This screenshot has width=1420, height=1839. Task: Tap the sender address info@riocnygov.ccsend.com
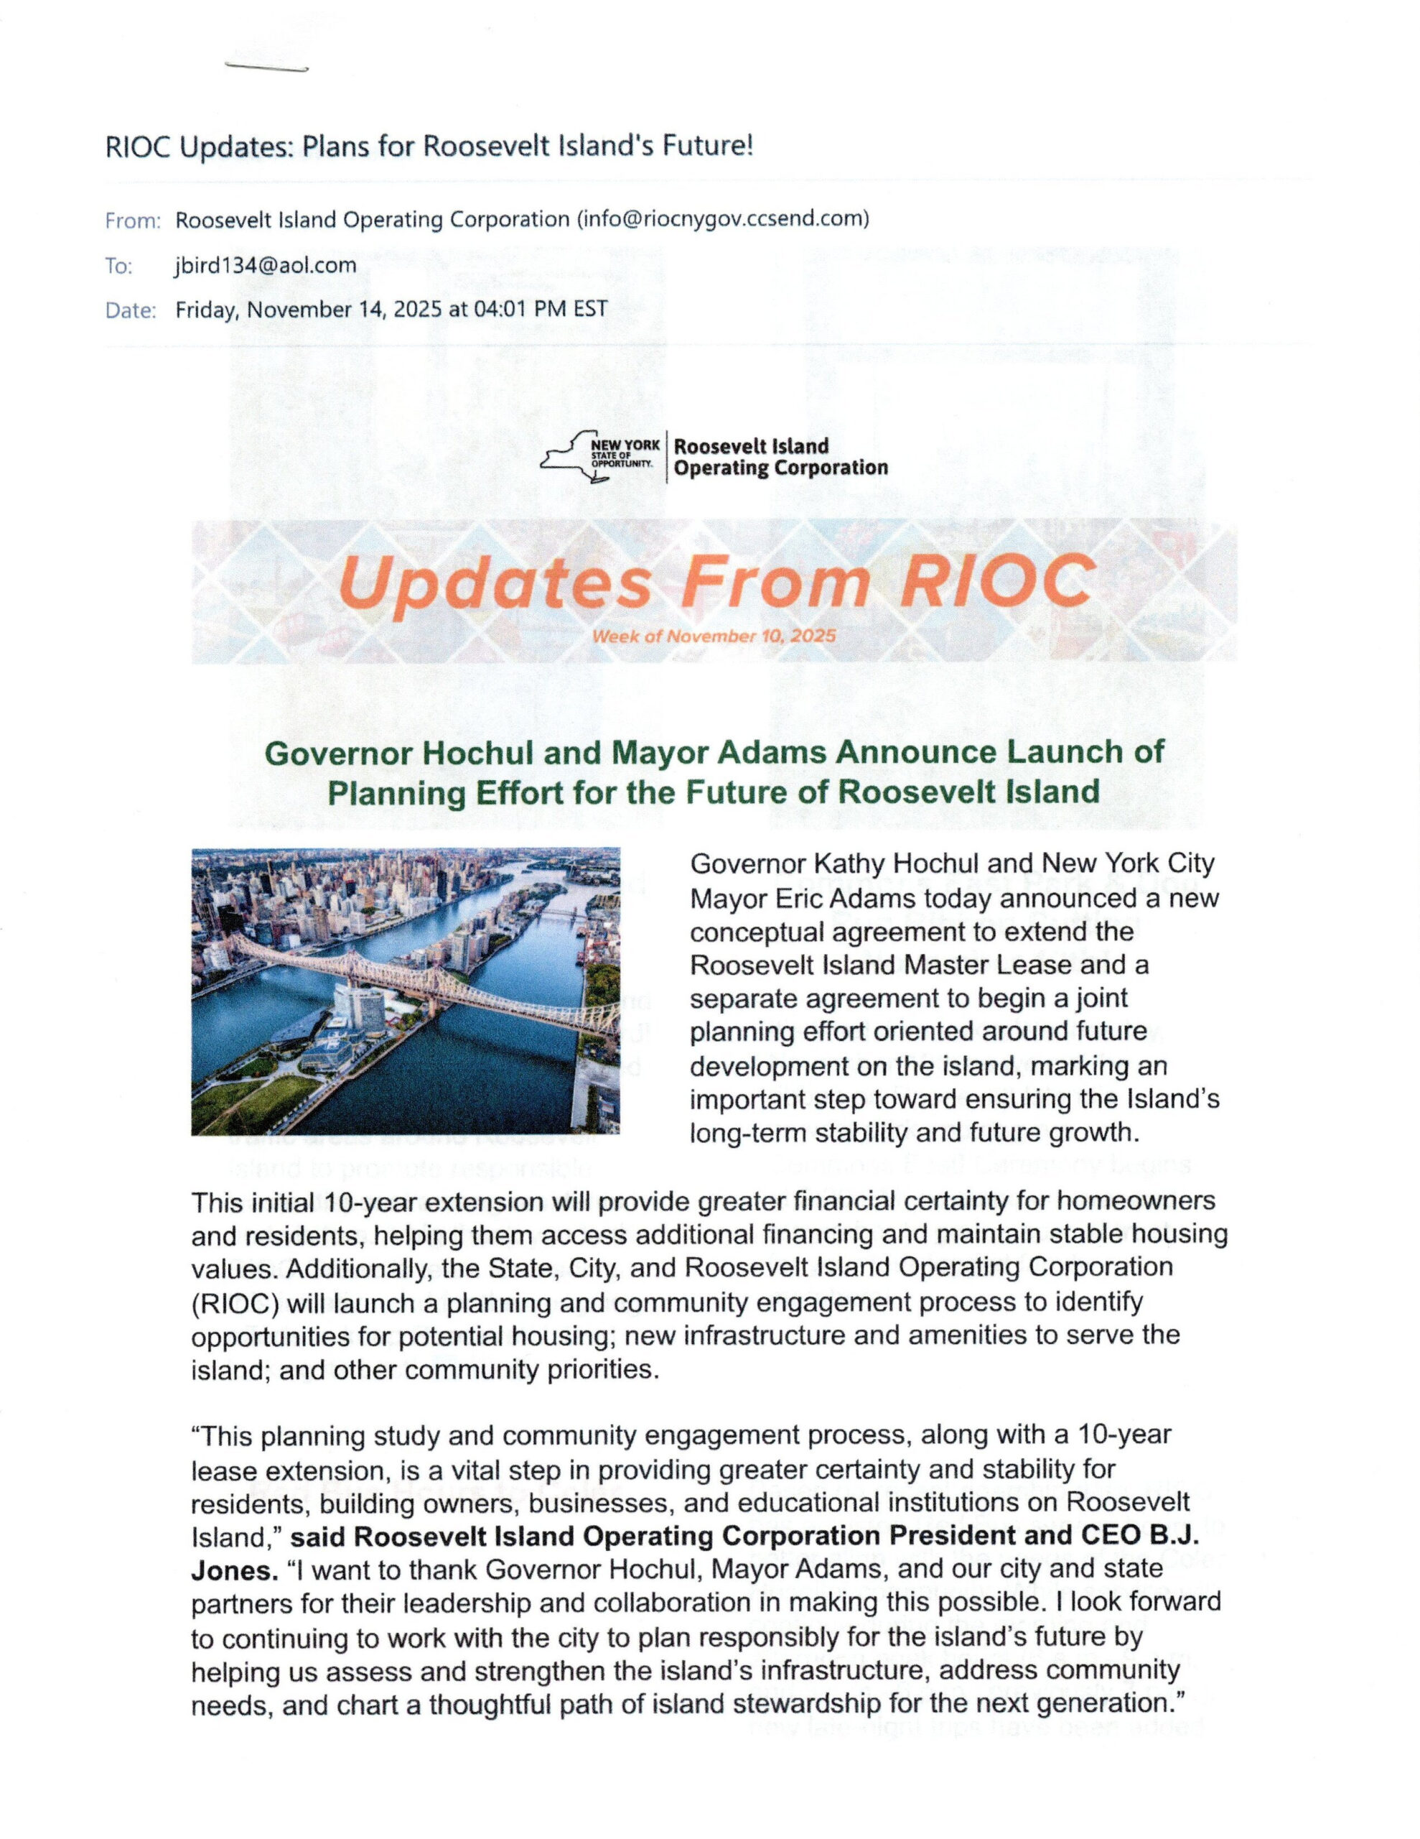click(x=721, y=219)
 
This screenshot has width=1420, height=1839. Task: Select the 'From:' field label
click(x=133, y=221)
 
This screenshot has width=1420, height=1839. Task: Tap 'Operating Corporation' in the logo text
click(x=780, y=468)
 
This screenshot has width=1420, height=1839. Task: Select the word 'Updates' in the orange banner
click(x=498, y=583)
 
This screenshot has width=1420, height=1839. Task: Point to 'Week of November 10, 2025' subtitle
click(x=714, y=636)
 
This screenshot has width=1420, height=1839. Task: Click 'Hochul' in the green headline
click(x=477, y=752)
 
